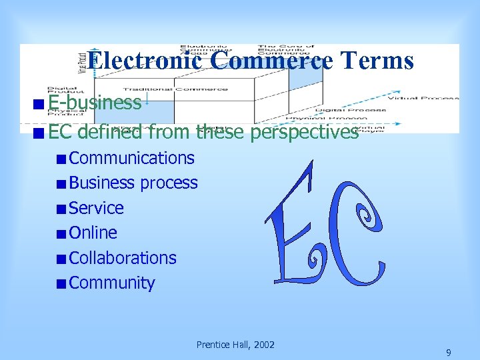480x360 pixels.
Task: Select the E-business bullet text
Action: tap(94, 103)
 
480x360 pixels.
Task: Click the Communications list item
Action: tap(131, 158)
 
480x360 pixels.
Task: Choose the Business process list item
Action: tap(133, 183)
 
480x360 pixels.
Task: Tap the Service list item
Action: tap(96, 208)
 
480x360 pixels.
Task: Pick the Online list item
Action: tap(93, 233)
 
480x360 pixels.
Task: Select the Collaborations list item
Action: tap(123, 258)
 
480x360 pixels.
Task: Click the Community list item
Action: tap(111, 283)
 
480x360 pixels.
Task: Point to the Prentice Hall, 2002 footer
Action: tap(235, 345)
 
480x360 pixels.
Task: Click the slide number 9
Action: tap(449, 353)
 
